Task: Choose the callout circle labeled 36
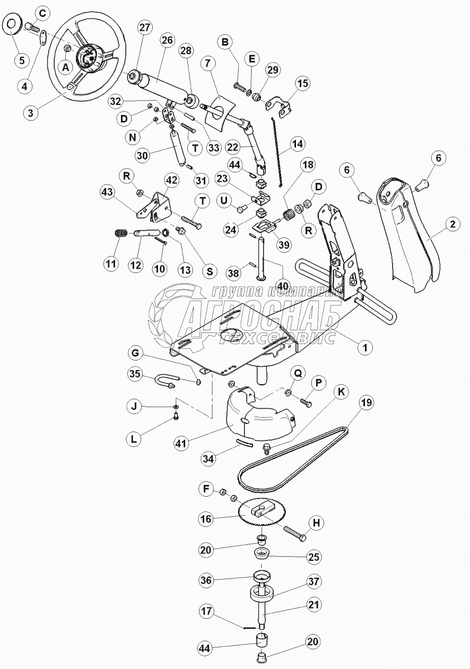(x=207, y=580)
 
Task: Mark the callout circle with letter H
(x=315, y=523)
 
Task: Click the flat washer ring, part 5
(x=11, y=25)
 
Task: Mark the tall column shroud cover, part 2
(x=411, y=233)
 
